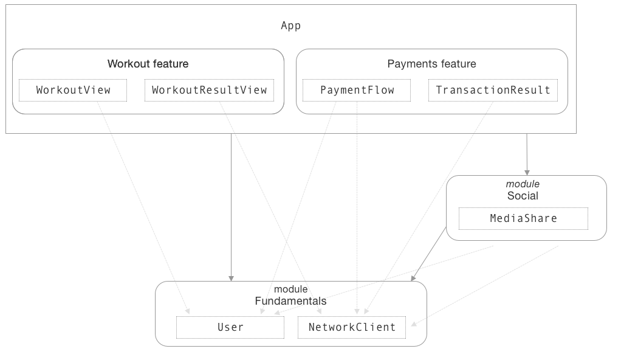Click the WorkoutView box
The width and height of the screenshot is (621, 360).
(73, 90)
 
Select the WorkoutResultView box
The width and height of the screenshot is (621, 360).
(209, 90)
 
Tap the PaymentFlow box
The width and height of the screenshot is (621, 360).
(357, 90)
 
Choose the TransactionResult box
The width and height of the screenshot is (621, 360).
(493, 90)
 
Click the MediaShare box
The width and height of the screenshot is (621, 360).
(523, 218)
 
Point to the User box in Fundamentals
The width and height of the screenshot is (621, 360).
(230, 327)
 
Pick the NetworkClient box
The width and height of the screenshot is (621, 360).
(352, 327)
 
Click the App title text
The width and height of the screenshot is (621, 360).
(290, 26)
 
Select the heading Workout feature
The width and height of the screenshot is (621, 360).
(148, 64)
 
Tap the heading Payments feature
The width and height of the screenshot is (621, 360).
(431, 64)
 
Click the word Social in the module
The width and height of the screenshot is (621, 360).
(523, 196)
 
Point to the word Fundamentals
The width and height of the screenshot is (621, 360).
(290, 301)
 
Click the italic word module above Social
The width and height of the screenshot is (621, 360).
(523, 184)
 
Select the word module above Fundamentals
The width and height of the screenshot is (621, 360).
(290, 289)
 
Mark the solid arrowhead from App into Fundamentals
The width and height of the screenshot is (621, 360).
(231, 277)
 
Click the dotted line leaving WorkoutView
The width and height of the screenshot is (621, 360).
(140, 201)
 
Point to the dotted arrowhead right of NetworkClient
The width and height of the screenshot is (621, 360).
(413, 325)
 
